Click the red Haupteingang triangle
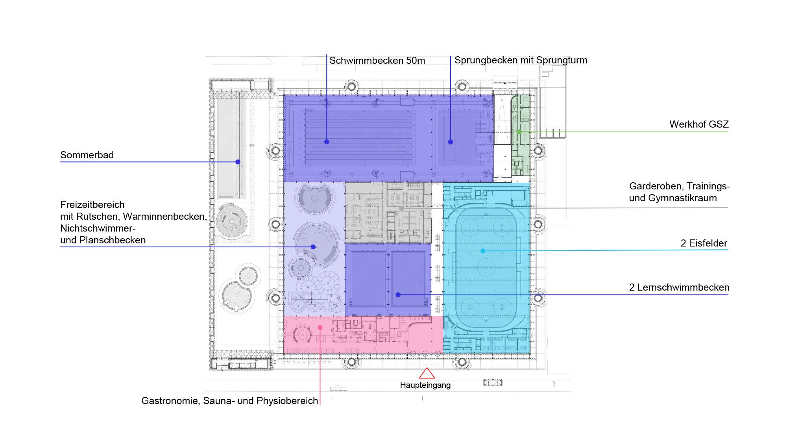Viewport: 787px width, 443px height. [427, 373]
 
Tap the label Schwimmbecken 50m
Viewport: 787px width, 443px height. [377, 61]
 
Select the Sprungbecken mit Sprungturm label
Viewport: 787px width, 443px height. [521, 60]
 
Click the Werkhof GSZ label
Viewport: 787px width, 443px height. [699, 124]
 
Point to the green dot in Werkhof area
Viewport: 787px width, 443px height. [519, 132]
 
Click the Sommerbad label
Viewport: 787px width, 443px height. [87, 155]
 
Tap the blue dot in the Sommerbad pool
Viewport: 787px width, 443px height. [238, 162]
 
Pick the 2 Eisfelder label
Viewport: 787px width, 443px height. [704, 243]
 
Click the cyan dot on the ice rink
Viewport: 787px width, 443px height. [483, 251]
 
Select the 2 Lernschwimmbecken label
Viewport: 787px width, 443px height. [679, 287]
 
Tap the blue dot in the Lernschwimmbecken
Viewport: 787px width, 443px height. [398, 295]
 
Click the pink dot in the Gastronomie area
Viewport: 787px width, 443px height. [320, 328]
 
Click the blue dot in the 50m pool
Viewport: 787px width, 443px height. [327, 142]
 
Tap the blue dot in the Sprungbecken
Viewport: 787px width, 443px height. [451, 142]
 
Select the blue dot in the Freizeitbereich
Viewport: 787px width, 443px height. [313, 247]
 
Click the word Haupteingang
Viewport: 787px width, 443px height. [425, 385]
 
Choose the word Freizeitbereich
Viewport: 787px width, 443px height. [92, 205]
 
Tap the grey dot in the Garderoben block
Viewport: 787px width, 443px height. [401, 209]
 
